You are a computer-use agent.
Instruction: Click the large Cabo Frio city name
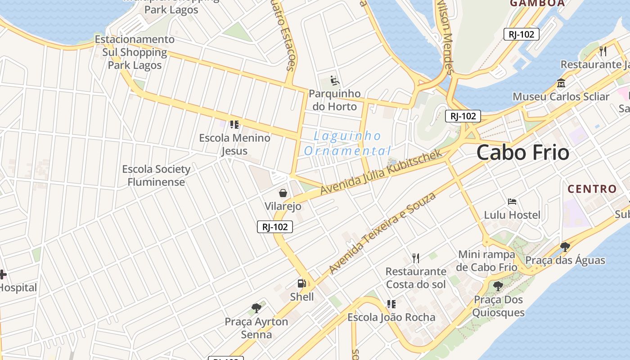[x=522, y=153]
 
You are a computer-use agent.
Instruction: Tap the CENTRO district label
[x=592, y=189]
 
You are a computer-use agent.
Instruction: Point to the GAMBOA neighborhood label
[x=537, y=3]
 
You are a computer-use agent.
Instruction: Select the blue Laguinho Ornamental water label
[x=347, y=143]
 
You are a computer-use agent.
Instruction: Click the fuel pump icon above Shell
[x=302, y=283]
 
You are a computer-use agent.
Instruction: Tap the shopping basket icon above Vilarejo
[x=283, y=193]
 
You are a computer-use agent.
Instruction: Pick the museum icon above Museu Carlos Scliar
[x=561, y=83]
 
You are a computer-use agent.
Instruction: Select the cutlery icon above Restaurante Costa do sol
[x=416, y=258]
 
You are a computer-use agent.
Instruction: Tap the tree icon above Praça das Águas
[x=565, y=247]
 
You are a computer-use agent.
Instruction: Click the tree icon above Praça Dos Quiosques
[x=498, y=286]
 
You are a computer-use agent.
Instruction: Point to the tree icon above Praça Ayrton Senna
[x=256, y=308]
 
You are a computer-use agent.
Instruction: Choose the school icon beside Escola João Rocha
[x=391, y=304]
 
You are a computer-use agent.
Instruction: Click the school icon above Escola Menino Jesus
[x=234, y=124]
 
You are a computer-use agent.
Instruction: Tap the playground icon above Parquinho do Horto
[x=335, y=81]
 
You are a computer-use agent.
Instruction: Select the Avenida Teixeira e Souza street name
[x=382, y=233]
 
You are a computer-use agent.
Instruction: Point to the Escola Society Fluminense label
[x=156, y=175]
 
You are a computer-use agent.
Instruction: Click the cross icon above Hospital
[x=3, y=274]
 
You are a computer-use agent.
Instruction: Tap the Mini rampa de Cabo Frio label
[x=486, y=261]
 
